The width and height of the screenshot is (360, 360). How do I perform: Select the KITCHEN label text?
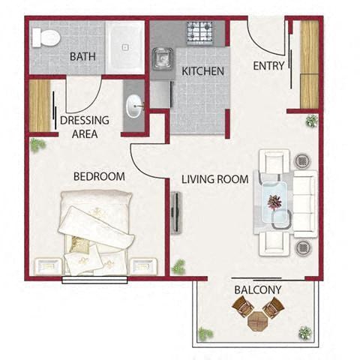pos(202,72)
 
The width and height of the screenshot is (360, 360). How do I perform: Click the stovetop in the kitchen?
pos(200,32)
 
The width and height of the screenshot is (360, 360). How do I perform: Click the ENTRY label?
pos(268,65)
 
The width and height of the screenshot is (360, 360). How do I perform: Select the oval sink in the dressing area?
pos(133,107)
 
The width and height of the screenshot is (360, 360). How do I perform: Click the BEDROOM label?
pos(98,176)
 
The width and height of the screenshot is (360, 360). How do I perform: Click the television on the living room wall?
pos(175,213)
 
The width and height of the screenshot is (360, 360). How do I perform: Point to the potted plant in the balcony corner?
pos(304,332)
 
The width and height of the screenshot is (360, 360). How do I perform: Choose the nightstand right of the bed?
pos(143,265)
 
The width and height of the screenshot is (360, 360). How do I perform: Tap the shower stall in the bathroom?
pos(125,47)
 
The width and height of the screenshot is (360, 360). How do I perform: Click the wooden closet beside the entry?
pos(309,64)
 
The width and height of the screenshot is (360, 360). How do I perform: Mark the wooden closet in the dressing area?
pos(39,105)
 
